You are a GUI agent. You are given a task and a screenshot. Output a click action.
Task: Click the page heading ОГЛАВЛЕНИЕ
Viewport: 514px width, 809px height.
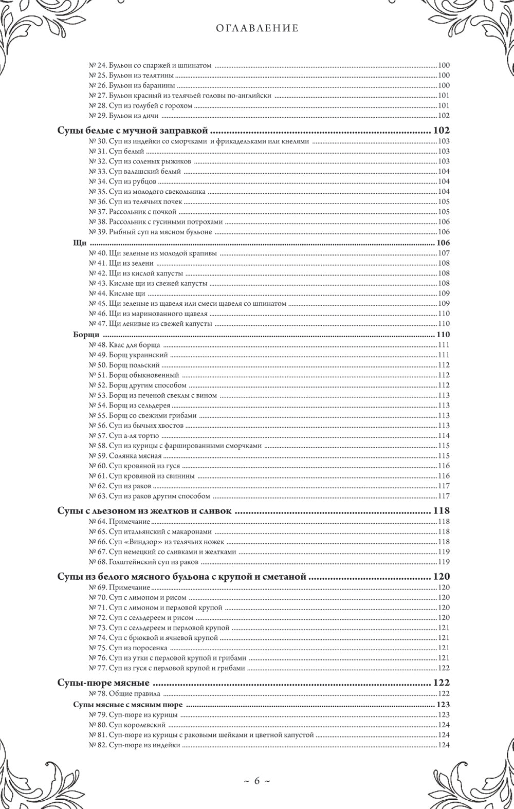tap(256, 29)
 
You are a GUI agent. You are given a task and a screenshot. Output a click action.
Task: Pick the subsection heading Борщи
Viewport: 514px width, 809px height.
tap(86, 335)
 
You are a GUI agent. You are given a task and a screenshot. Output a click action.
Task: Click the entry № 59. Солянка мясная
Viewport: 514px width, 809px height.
tap(125, 455)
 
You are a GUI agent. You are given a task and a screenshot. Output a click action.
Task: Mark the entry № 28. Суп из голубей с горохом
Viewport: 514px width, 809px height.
tap(140, 105)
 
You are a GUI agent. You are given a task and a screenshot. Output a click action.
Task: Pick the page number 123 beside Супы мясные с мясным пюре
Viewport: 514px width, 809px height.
tap(443, 704)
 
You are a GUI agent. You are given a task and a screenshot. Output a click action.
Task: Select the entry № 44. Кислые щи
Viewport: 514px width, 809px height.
tap(117, 293)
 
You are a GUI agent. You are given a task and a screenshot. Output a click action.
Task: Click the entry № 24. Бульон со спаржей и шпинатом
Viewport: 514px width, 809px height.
tap(151, 65)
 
